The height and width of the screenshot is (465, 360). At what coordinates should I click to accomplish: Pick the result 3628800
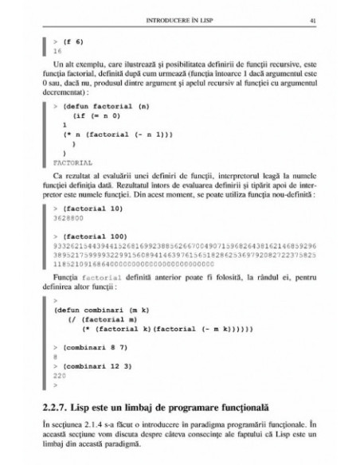pyautogui.click(x=68, y=217)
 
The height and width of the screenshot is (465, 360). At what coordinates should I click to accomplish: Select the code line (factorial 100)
pyautogui.click(x=93, y=236)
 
